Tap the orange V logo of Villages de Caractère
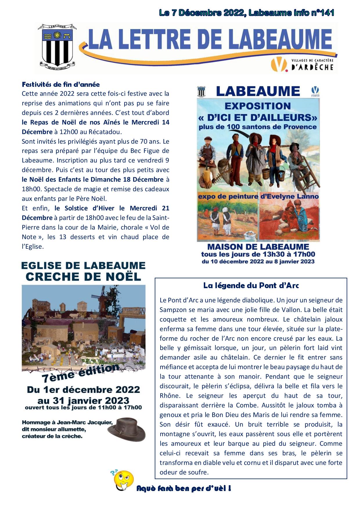[x=278, y=64]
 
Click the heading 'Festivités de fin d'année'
[x=61, y=84]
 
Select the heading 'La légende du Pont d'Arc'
[x=251, y=286]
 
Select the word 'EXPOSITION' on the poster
[x=258, y=106]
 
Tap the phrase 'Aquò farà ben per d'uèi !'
[x=184, y=488]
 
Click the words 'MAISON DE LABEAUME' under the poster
[x=258, y=247]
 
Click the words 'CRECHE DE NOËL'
[x=84, y=277]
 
